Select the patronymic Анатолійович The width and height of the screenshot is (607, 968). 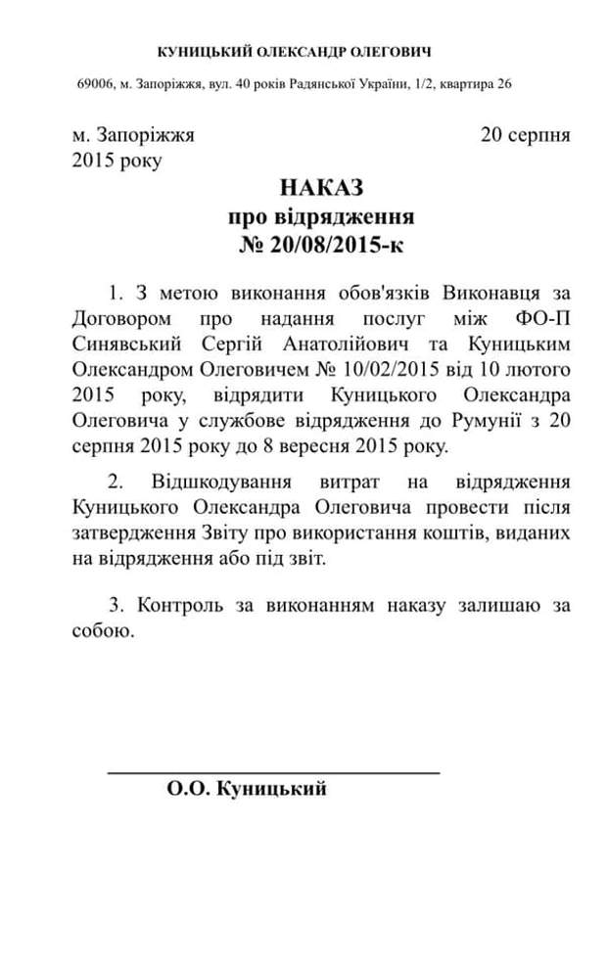click(367, 345)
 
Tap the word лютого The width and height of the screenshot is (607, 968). click(538, 370)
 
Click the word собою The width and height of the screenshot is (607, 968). click(102, 631)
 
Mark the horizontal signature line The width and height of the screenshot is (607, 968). click(273, 773)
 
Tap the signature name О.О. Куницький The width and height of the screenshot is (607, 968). click(247, 790)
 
